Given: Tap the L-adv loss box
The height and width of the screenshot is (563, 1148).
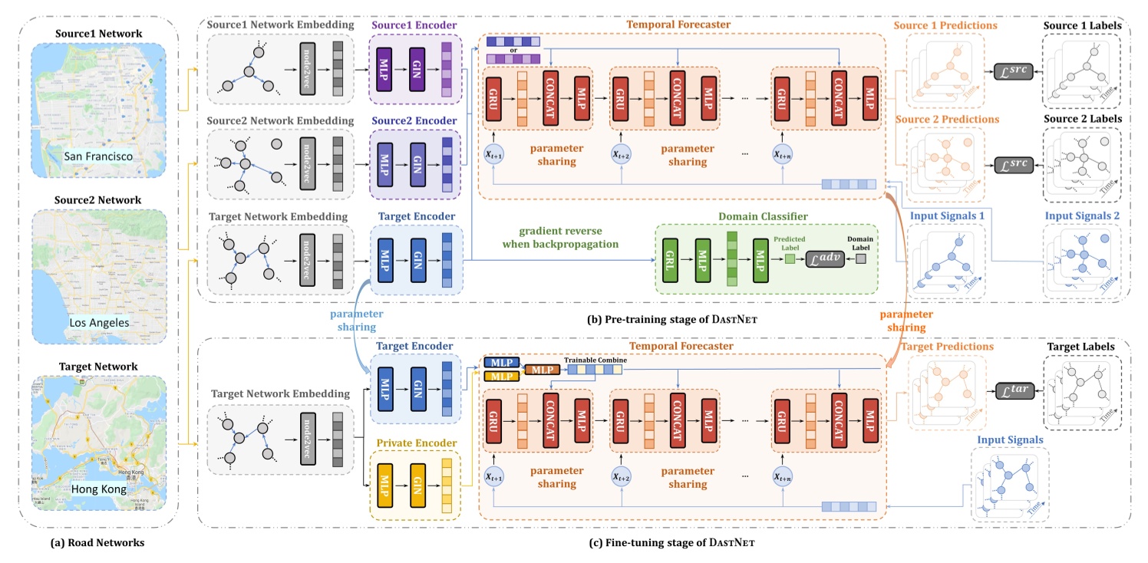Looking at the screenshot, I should pyautogui.click(x=820, y=261).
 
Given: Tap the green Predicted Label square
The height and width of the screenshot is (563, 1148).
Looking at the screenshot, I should pyautogui.click(x=789, y=261).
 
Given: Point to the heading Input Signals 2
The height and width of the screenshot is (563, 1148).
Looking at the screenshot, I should pyautogui.click(x=1083, y=216).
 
